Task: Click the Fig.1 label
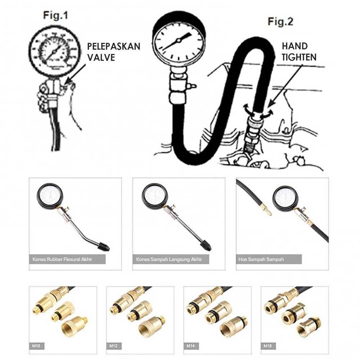point(55,16)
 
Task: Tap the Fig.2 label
point(280,22)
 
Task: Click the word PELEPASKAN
point(114,46)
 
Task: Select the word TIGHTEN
point(299,57)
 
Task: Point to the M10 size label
point(36,346)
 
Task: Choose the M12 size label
point(113,346)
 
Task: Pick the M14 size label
point(191,346)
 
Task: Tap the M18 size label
point(268,346)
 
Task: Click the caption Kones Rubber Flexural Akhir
point(62,260)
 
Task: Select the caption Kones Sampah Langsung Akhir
point(169,260)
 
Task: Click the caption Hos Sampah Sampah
point(261,260)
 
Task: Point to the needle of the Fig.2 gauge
point(176,41)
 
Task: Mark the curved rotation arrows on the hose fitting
point(258,112)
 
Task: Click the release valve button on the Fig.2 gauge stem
point(191,86)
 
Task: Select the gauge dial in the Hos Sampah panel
point(284,198)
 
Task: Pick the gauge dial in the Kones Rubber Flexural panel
point(49,195)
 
